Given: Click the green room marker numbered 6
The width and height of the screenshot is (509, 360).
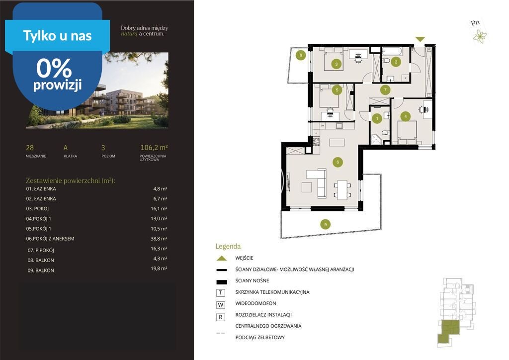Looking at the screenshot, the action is (x=338, y=162).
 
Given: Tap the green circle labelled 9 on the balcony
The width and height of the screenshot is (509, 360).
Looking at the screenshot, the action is (x=325, y=224).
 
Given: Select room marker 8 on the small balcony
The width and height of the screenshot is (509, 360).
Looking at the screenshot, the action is (x=301, y=55).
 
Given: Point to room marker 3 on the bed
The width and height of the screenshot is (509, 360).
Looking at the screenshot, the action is (x=337, y=64).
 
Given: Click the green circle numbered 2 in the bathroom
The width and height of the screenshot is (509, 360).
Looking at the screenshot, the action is (x=396, y=62).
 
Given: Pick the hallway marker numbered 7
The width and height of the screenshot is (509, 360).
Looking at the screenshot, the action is (x=385, y=90).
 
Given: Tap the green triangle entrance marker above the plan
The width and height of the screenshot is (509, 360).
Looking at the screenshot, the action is (x=420, y=39).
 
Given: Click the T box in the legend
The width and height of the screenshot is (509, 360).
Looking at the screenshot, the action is (x=221, y=293).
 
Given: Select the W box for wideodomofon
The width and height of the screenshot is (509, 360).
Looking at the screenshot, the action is (x=221, y=305).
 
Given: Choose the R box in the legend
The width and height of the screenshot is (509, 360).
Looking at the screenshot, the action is (x=221, y=317).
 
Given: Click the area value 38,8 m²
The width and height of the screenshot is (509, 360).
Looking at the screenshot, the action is (x=159, y=239).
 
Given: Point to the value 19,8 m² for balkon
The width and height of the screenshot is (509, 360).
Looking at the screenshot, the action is (x=159, y=269).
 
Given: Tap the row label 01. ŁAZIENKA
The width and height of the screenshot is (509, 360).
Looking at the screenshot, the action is (x=41, y=188).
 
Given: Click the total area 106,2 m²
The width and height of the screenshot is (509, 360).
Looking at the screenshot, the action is (x=154, y=147).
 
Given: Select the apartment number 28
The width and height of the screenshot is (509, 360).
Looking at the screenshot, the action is (x=29, y=148).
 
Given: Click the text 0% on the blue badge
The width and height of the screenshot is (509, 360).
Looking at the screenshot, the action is (x=54, y=68).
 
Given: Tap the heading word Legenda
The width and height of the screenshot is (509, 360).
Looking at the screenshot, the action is (x=228, y=247).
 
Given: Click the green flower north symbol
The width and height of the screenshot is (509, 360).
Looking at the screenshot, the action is (x=480, y=36).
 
